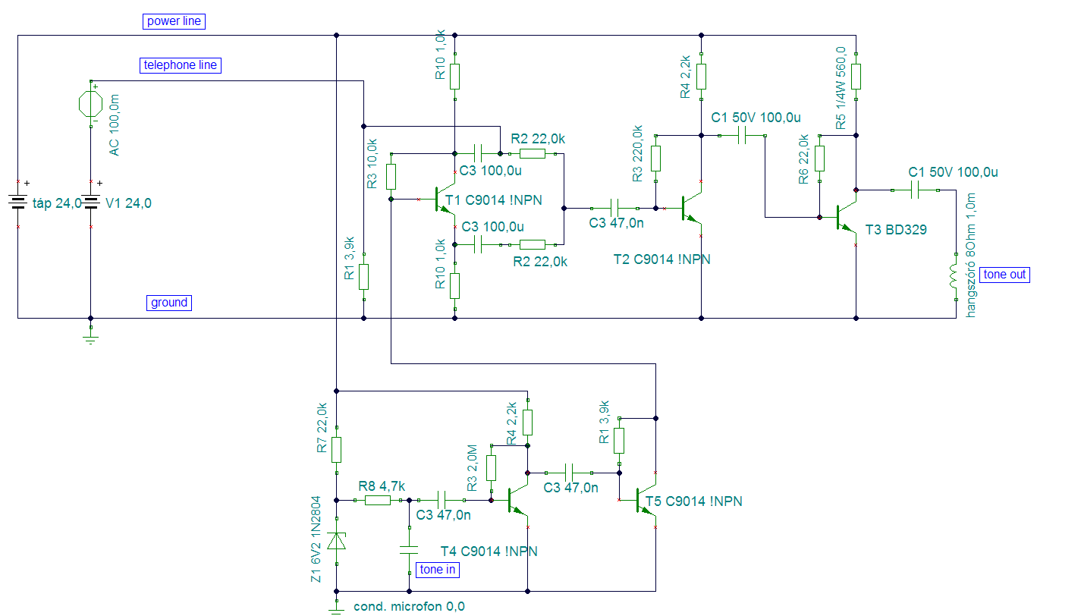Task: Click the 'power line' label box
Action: click(x=174, y=21)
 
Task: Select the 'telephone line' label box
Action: click(x=181, y=65)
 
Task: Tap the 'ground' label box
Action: click(x=169, y=303)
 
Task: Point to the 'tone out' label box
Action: click(x=1004, y=275)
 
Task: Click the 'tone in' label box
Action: click(x=437, y=570)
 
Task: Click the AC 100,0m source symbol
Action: click(x=91, y=104)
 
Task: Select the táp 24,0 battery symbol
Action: click(x=18, y=203)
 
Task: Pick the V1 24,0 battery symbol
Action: click(x=91, y=203)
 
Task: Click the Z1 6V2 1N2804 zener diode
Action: click(x=336, y=541)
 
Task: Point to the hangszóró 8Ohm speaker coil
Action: click(x=954, y=276)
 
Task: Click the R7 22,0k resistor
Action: click(x=336, y=450)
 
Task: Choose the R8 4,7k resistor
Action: click(x=378, y=501)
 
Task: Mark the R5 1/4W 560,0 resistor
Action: click(x=856, y=77)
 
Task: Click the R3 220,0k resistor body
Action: click(x=655, y=159)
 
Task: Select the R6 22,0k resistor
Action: click(x=819, y=159)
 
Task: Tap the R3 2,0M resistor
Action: click(x=491, y=468)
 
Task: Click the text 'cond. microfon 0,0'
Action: click(x=409, y=607)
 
